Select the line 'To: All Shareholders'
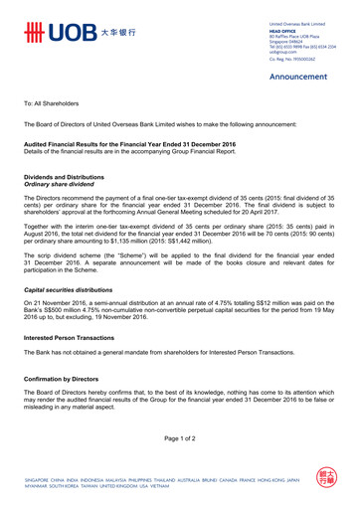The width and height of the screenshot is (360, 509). click(x=56, y=103)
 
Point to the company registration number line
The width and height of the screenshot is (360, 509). click(x=297, y=61)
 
